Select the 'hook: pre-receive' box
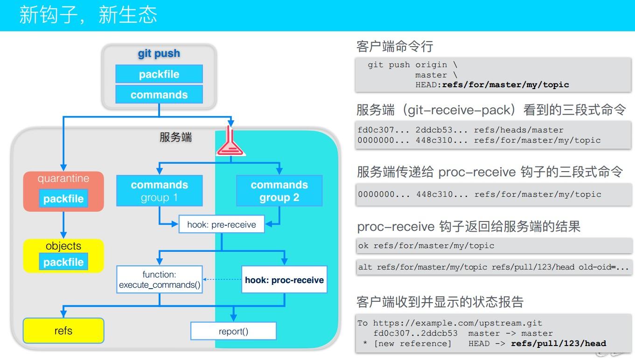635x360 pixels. (x=222, y=224)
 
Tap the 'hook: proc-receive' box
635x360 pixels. (x=284, y=280)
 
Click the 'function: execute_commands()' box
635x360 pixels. (x=160, y=280)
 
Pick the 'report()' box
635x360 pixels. (x=233, y=331)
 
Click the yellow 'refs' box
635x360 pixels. (x=63, y=331)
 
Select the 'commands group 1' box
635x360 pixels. (x=160, y=191)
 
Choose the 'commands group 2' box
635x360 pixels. (x=279, y=191)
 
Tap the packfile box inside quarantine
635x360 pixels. (x=63, y=199)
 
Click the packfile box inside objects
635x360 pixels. (x=63, y=262)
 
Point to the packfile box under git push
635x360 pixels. (x=159, y=74)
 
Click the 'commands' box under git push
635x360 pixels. (x=159, y=95)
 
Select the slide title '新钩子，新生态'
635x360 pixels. (x=88, y=15)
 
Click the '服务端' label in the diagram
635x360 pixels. (x=176, y=137)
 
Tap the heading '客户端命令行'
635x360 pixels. (x=395, y=46)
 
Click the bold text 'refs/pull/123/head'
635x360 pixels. (x=558, y=344)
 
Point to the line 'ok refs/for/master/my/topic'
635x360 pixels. (x=426, y=245)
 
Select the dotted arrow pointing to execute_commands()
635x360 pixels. (x=222, y=280)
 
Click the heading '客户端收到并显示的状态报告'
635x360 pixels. (x=440, y=302)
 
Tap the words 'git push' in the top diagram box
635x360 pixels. (x=159, y=54)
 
